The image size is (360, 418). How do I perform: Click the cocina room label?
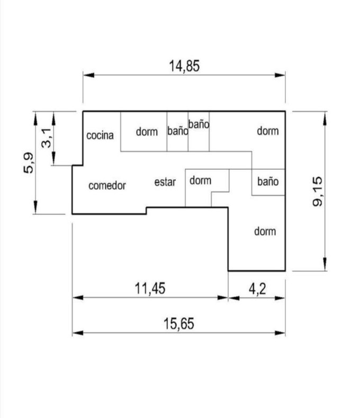pos(100,135)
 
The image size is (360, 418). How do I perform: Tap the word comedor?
pos(107,186)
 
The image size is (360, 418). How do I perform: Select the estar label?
pos(165,182)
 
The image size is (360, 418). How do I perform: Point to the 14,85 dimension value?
pos(184,66)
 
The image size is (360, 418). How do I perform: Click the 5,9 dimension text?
pos(29,163)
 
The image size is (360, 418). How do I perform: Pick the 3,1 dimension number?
pos(47,138)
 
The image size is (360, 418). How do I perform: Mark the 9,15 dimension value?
pos(317,192)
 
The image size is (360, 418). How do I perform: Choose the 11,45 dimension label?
pos(150,288)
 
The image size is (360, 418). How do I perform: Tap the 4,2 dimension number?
pos(257,289)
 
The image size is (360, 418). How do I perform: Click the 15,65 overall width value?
pos(178,324)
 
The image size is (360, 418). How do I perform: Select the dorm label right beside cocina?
pos(147,132)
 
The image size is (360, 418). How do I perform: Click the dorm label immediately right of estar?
pos(200,180)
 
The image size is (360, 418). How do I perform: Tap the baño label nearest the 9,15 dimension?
pos(268,181)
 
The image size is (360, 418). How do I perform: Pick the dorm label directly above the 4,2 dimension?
pos(265,231)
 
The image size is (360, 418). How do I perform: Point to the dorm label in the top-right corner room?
pos(268,131)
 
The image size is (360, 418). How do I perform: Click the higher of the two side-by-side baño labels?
pos(199,124)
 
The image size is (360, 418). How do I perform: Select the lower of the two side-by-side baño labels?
pos(177,131)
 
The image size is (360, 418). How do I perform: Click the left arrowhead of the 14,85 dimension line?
pos(88,75)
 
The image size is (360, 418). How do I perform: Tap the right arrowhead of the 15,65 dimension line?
pos(280,333)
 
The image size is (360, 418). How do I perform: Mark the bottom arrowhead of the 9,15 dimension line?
pos(325,264)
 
